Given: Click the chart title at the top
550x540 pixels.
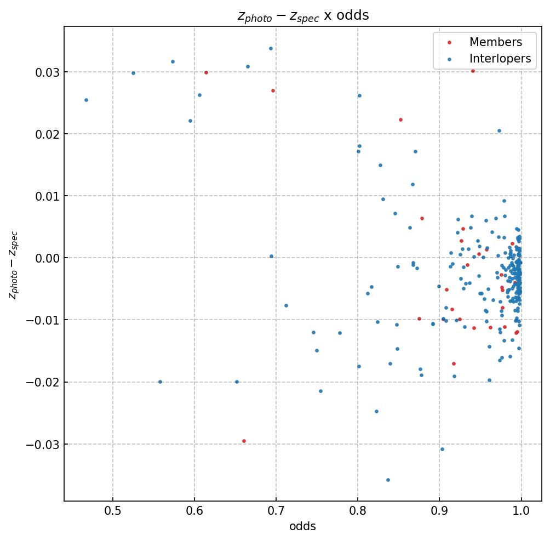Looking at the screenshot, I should click(303, 15).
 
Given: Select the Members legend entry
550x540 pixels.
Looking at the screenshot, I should click(495, 42).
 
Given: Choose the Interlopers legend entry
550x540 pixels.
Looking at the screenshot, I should click(500, 59).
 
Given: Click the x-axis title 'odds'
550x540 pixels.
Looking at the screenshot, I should click(303, 526).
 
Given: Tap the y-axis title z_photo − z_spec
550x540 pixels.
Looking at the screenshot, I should click(13, 265).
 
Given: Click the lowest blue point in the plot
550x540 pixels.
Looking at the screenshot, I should click(388, 480).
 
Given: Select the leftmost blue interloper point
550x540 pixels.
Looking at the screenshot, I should click(86, 100).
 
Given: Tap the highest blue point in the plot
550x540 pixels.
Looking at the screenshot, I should click(271, 48).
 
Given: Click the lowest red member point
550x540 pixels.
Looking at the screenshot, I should click(244, 441).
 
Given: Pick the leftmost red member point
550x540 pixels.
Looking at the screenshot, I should click(206, 72).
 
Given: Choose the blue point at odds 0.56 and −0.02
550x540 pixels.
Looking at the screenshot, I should click(160, 382).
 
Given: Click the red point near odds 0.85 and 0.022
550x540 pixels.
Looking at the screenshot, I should click(400, 120).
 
